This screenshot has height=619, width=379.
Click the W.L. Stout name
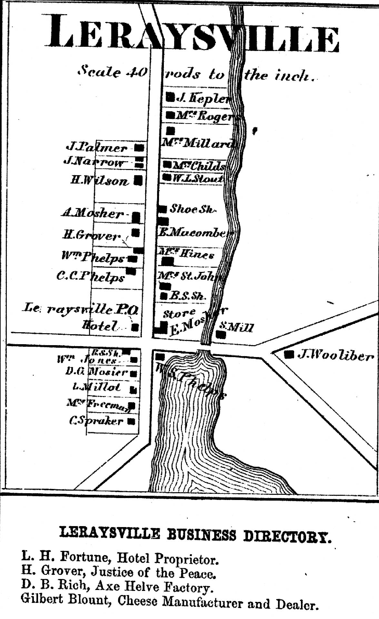pos(197,178)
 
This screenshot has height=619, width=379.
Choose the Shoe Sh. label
pos(192,209)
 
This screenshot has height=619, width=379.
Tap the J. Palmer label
pos(97,148)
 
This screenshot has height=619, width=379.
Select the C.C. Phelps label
pos(91,277)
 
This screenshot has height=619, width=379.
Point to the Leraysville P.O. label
pos(80,310)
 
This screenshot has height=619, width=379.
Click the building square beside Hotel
pos(135,327)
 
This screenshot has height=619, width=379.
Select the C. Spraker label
pos(96,421)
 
